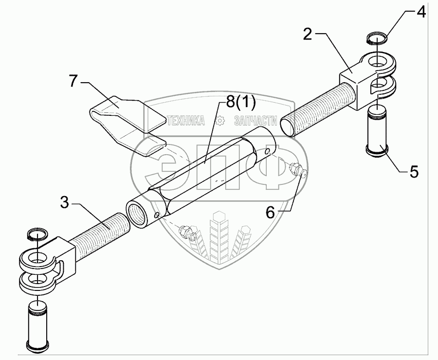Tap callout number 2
(307, 35)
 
